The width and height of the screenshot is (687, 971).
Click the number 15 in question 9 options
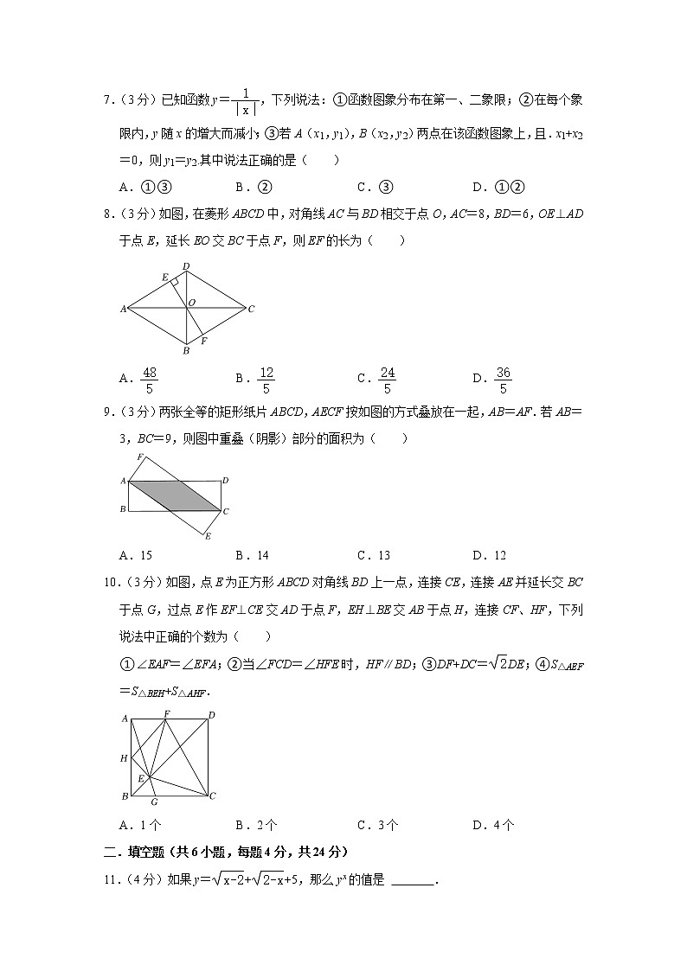click(x=145, y=555)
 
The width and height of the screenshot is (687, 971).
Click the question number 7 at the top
click(x=106, y=101)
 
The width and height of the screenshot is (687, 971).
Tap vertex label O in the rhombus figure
click(x=192, y=302)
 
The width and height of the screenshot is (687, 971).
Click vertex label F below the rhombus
click(x=203, y=341)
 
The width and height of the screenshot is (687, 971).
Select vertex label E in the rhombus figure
click(x=164, y=278)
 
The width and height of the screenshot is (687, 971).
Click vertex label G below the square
click(x=152, y=802)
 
